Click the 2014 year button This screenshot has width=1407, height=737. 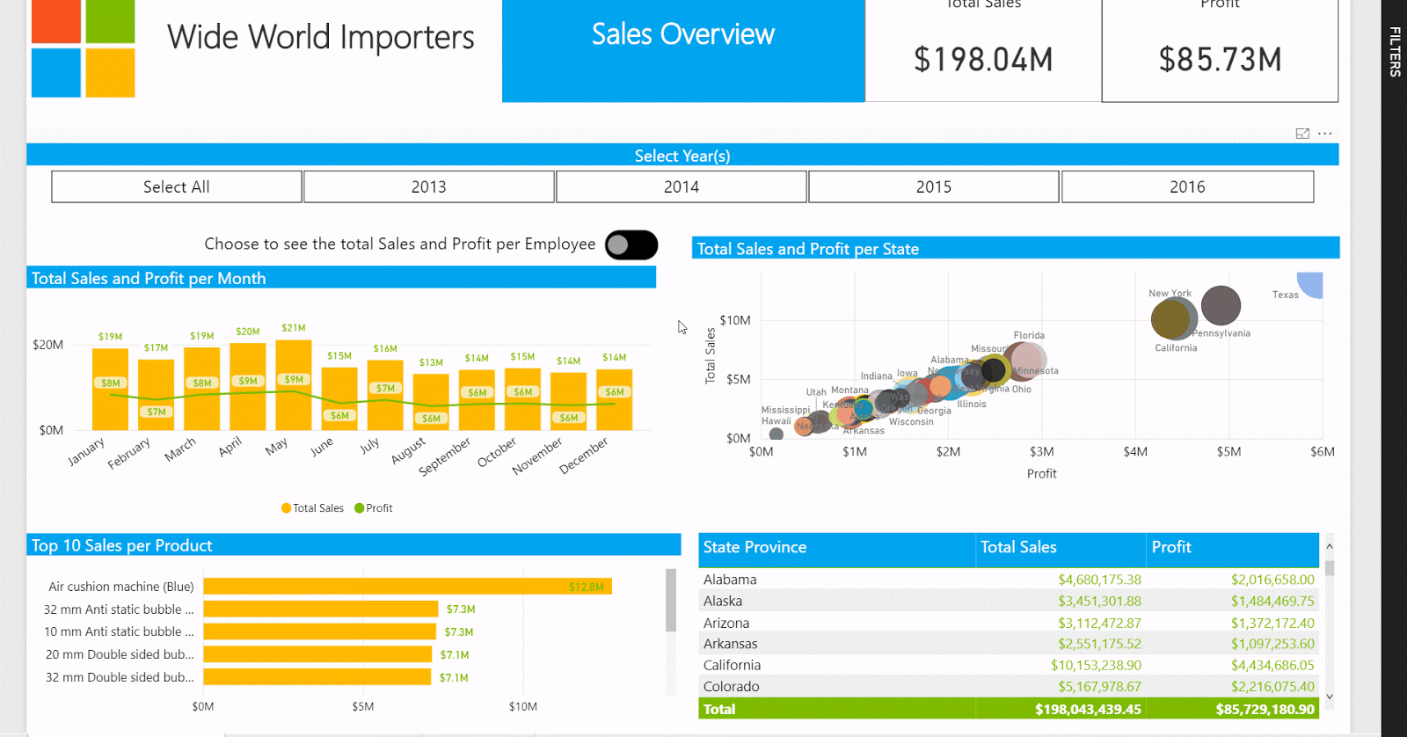click(x=681, y=186)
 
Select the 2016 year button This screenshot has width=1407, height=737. click(x=1187, y=186)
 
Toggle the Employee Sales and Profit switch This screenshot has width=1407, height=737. click(x=631, y=245)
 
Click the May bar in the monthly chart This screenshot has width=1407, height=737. click(x=293, y=385)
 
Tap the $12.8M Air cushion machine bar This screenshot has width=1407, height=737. click(x=407, y=587)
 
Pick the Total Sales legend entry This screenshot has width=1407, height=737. click(x=312, y=508)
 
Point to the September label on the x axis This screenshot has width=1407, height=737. click(x=444, y=456)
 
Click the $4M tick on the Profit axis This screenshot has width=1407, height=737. click(x=1135, y=452)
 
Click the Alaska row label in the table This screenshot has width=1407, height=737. click(x=723, y=602)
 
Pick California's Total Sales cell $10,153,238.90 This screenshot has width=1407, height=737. click(x=1096, y=666)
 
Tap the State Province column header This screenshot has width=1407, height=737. click(x=755, y=547)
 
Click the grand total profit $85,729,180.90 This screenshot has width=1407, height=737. click(x=1265, y=709)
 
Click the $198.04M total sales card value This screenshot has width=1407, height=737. click(x=983, y=60)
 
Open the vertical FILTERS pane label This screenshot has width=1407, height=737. click(x=1395, y=52)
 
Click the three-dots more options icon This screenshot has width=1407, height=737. click(x=1325, y=134)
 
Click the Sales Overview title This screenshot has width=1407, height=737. click(x=683, y=35)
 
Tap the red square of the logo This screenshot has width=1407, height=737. click(x=56, y=21)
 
